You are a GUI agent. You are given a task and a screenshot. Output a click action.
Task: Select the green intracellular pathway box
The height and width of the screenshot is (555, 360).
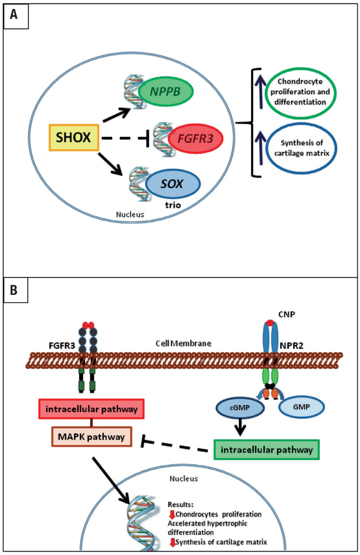click(x=266, y=449)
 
